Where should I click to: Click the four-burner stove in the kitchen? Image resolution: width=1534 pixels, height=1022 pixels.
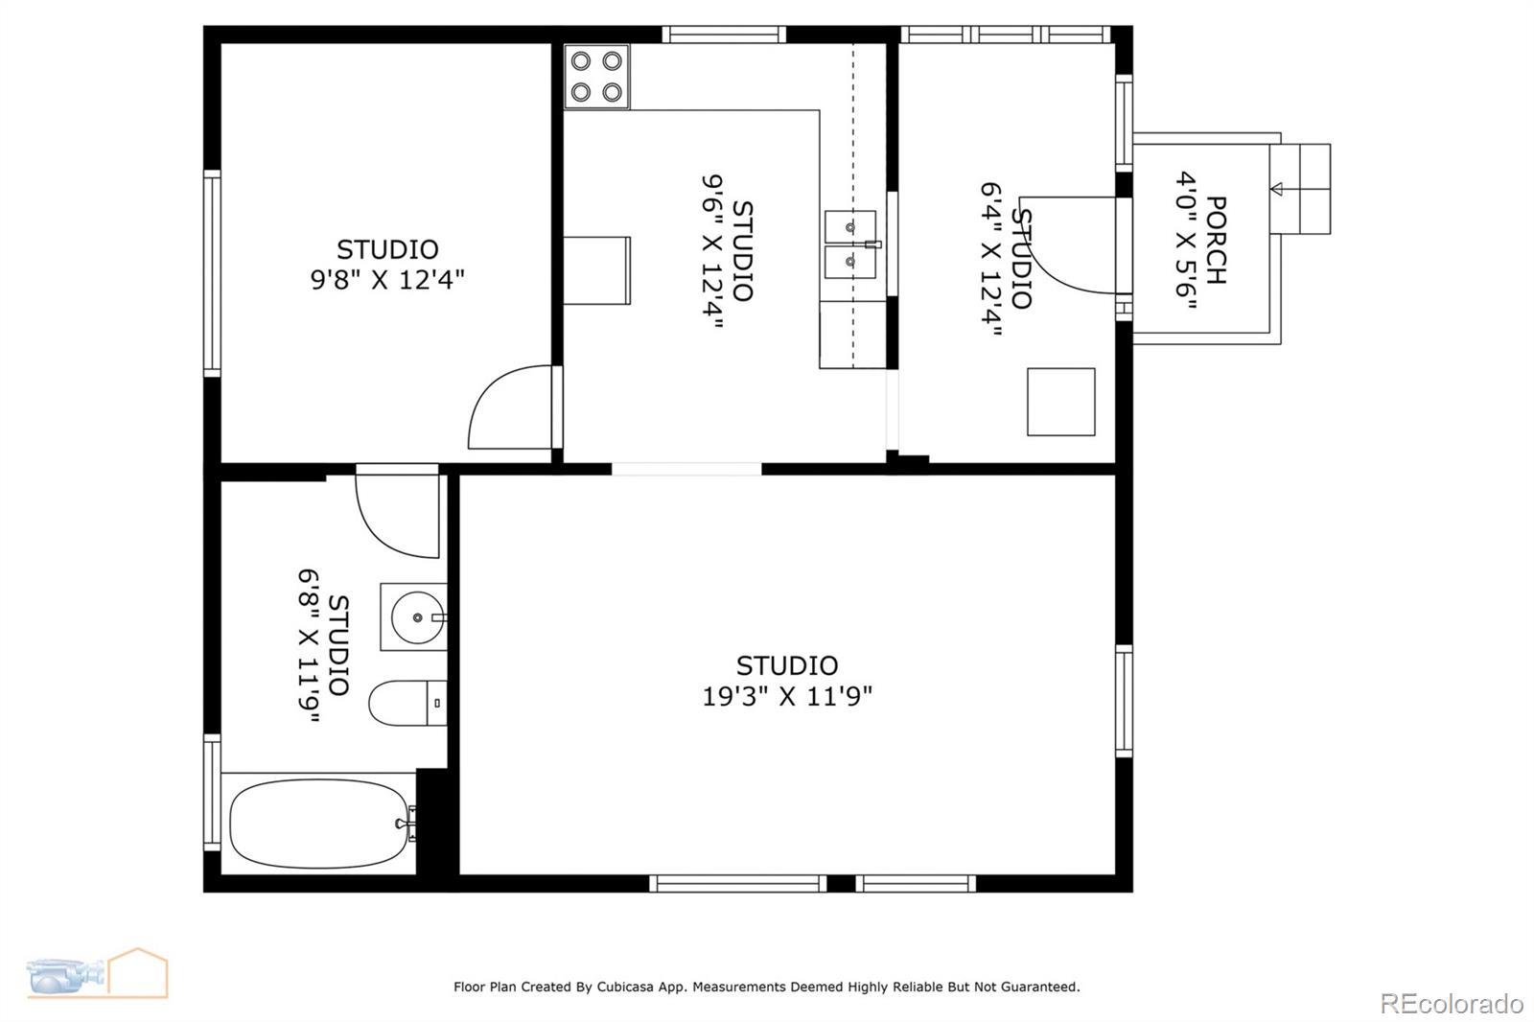(x=595, y=77)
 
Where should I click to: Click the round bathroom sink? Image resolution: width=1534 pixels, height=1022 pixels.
(x=415, y=616)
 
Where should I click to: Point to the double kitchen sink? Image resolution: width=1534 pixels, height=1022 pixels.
(x=849, y=244)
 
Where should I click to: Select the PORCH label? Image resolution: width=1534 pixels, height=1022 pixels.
(x=1216, y=241)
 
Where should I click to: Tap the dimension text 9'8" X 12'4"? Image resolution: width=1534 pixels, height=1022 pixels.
(x=387, y=280)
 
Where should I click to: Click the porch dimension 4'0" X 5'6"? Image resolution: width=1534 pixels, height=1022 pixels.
(x=1187, y=241)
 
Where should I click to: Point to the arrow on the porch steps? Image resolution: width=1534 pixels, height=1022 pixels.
(x=1276, y=189)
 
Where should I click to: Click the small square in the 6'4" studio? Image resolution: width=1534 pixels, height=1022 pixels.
(x=1060, y=402)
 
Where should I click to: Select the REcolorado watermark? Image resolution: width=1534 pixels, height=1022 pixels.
(x=1451, y=1004)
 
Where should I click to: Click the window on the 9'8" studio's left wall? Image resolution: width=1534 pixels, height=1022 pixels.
(x=212, y=272)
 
